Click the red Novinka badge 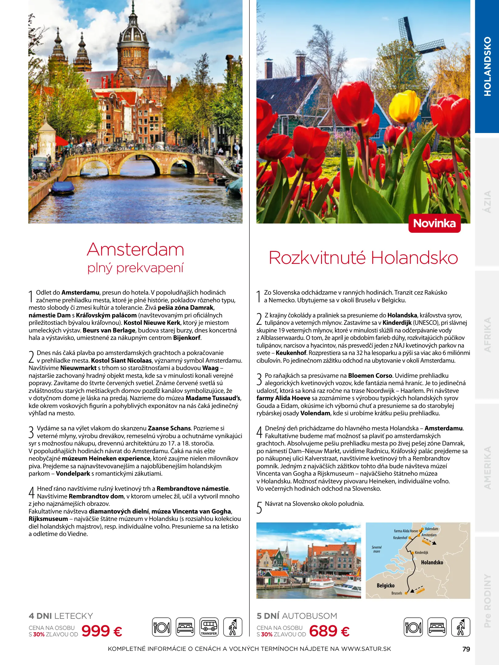coord(434,223)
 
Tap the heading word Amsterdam coord(135,250)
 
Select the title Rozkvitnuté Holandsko coord(363,258)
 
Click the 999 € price coord(102,631)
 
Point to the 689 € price coord(329,631)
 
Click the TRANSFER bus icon coord(209,627)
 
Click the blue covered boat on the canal coord(63,187)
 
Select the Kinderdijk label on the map coord(421,553)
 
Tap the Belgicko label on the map coord(385,586)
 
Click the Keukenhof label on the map coord(400,538)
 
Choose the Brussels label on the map coord(397,593)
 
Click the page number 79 coord(466,649)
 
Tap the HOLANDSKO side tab coord(487,66)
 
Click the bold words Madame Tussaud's coord(213,398)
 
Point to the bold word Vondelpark coord(73,474)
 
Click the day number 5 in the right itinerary coord(260,507)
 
